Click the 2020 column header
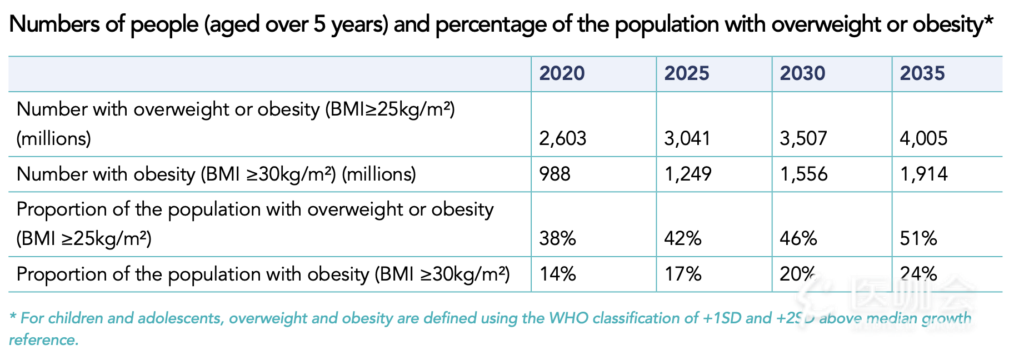(562, 73)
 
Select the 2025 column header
(687, 73)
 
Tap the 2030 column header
(802, 73)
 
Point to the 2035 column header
(922, 73)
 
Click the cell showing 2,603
(563, 138)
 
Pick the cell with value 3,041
(687, 138)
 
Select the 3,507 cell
(803, 138)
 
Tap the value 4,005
(923, 138)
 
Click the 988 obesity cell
(555, 174)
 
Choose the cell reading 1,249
(688, 174)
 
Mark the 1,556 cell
(804, 174)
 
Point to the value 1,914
(924, 174)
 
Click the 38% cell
(557, 238)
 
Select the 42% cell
(683, 238)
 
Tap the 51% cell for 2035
(918, 238)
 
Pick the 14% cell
(558, 274)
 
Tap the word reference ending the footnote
(44, 340)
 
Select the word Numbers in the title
(48, 24)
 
